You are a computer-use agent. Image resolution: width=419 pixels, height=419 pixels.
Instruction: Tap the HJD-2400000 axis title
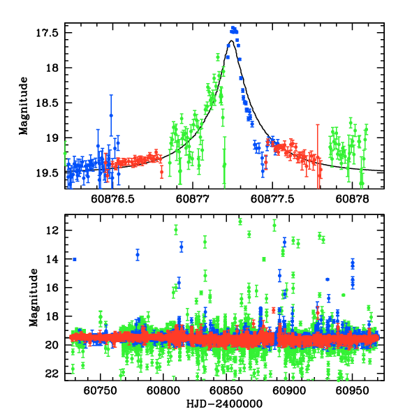[x=224, y=404]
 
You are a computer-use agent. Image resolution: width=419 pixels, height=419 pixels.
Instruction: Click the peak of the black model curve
[x=230, y=41]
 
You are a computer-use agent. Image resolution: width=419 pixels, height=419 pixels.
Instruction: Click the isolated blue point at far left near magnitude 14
[x=74, y=259]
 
